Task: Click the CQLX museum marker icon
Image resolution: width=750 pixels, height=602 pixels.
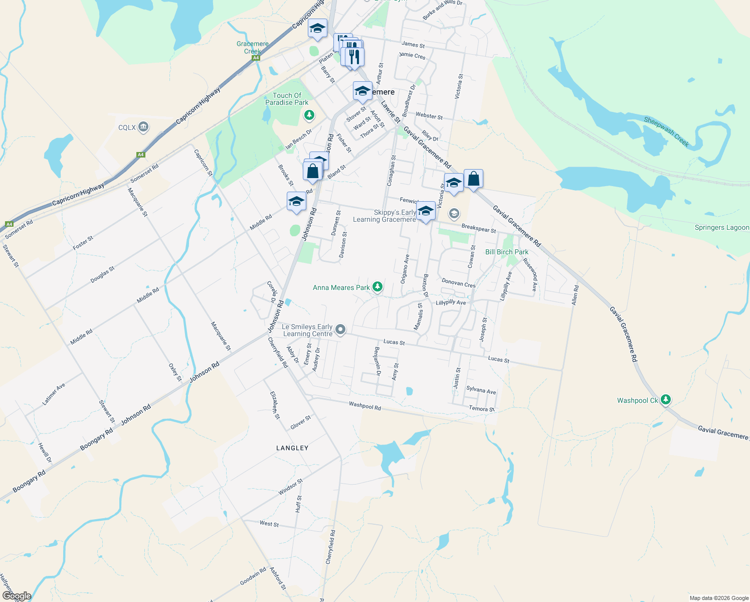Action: pos(143,127)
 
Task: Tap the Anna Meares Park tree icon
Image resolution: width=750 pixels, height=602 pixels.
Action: pos(378,287)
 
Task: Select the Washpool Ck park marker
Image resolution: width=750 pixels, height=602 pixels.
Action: pos(665,400)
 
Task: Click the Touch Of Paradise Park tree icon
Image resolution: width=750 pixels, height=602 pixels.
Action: pos(309,115)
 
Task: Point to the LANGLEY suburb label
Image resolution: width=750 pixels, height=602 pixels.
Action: pos(292,448)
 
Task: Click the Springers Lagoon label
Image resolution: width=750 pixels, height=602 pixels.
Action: pos(721,228)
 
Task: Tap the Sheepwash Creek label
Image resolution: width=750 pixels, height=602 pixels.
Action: pos(666,131)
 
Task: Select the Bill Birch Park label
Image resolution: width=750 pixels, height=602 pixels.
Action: pos(506,252)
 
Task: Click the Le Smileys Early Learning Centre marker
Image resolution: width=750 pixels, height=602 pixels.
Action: pos(340,330)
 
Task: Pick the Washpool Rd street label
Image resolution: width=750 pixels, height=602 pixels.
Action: pos(364,406)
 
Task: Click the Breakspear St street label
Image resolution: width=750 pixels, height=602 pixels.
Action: pos(478,229)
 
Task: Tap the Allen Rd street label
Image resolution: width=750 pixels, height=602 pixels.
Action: pos(575,295)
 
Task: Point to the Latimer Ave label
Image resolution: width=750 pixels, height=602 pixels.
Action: pos(54,394)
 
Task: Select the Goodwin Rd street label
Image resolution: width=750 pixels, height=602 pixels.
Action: pos(253,576)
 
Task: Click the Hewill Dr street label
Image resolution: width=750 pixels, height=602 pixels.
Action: pos(45,453)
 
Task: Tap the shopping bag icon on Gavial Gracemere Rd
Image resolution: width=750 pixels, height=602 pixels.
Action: pos(473,179)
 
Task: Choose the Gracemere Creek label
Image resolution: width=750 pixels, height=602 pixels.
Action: pos(253,48)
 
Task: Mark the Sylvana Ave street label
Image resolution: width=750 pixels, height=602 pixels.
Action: pos(481,390)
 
